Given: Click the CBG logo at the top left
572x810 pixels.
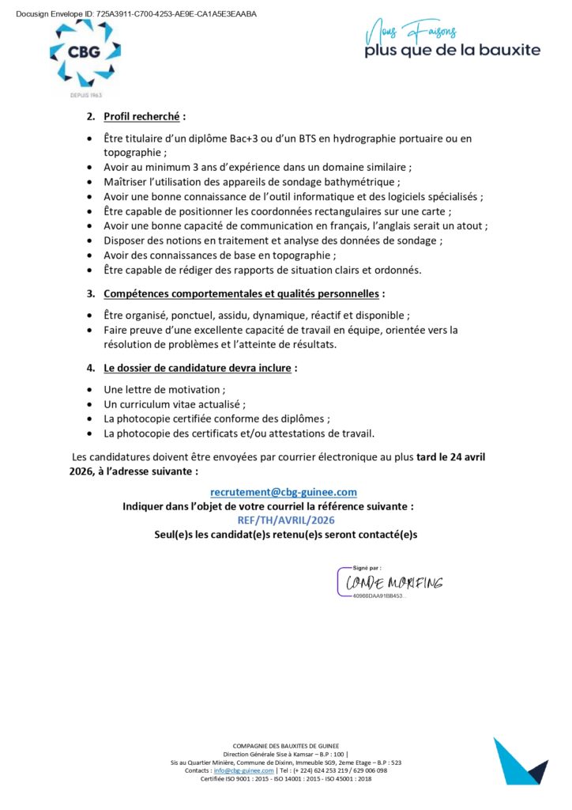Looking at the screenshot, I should pos(85,54).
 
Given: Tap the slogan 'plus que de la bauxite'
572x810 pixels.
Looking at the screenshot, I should pos(452,50).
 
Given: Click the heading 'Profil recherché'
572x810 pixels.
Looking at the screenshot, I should pos(144,116).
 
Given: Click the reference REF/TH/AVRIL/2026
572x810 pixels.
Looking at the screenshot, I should pos(286,520).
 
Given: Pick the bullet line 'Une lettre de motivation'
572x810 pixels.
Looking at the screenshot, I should pos(164,389).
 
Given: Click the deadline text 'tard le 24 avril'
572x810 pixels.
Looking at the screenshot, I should pos(457,457).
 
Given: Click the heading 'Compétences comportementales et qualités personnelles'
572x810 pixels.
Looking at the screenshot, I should pos(241,293).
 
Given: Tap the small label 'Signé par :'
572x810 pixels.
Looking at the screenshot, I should pos(367,567).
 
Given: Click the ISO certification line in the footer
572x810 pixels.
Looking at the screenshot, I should pos(285,778).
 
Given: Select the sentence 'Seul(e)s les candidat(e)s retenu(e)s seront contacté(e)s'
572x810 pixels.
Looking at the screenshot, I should pos(285,534).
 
